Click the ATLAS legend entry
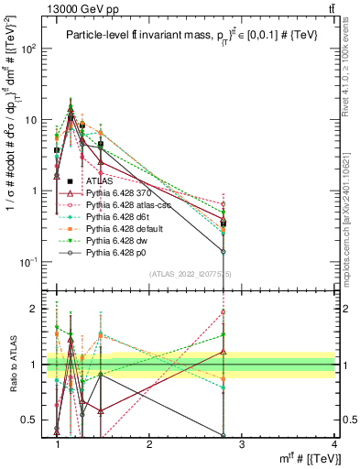pos(99,181)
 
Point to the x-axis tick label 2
pos(149,444)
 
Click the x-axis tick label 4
pos(334,444)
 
